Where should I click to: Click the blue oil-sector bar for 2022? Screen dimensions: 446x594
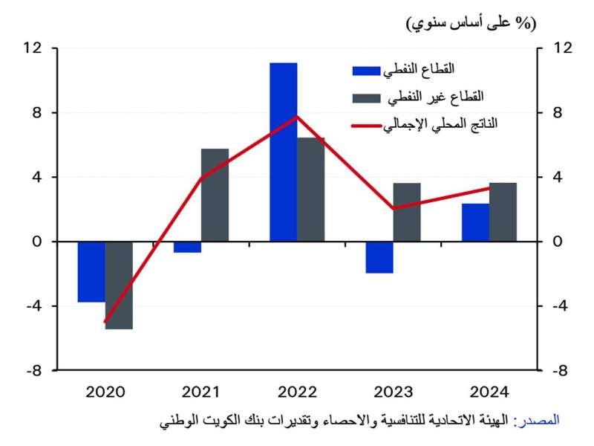[x=283, y=152]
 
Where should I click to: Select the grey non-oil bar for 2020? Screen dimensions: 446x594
[x=119, y=285]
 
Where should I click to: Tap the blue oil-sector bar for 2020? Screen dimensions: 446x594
[x=91, y=271]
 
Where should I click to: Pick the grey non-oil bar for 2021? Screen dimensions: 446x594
[x=215, y=195]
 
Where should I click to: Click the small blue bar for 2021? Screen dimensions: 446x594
[x=187, y=247]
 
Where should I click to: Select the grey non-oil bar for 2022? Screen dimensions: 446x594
[x=310, y=190]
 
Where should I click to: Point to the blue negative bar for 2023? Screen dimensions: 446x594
[x=379, y=257]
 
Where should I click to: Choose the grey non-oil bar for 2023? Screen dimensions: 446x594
[x=406, y=212]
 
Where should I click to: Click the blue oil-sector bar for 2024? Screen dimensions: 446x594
[x=475, y=222]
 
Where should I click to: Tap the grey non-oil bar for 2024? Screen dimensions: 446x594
[x=503, y=212]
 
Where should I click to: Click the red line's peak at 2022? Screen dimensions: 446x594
[x=296, y=117]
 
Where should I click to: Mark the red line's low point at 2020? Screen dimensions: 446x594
[x=105, y=321]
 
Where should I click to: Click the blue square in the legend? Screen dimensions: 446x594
[x=366, y=71]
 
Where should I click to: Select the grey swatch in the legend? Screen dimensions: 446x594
[x=366, y=98]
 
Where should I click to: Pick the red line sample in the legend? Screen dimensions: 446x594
[x=366, y=125]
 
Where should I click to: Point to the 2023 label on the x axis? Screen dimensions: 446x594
[x=393, y=392]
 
